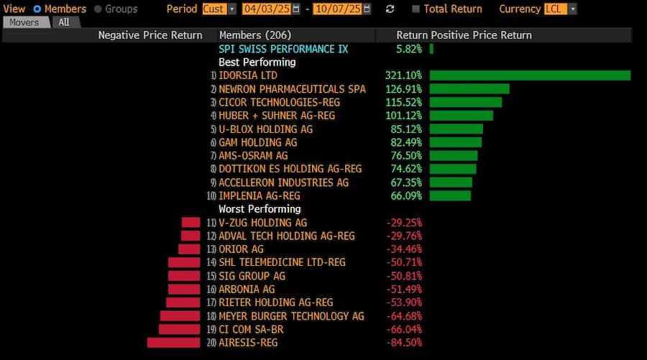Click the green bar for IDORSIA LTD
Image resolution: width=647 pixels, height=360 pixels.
530,75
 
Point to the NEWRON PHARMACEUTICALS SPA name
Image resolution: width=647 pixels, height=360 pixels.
292,89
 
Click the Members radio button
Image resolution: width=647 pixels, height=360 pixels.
37,9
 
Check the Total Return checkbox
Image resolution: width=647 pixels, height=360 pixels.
416,9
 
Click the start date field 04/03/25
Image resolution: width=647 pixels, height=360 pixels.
265,9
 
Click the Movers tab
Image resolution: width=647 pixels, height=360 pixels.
24,22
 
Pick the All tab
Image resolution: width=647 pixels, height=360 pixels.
65,22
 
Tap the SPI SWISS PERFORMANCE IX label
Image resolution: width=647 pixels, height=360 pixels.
283,49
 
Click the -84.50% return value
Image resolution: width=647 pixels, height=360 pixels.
403,343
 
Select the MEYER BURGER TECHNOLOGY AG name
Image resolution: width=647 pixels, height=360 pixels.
291,316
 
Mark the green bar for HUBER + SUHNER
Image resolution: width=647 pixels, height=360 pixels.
461,116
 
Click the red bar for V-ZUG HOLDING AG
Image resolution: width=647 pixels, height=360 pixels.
191,223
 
